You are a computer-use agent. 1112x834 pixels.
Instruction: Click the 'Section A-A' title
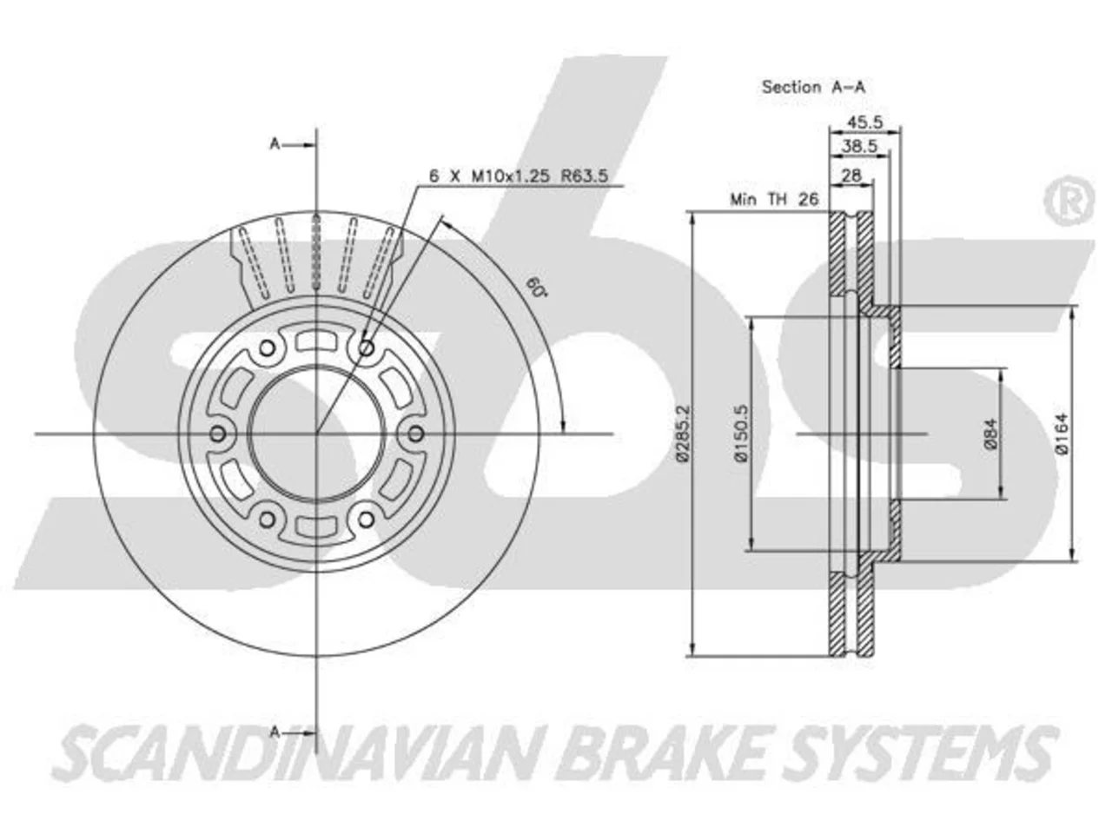[x=813, y=87]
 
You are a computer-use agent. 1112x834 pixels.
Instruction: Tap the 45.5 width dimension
[x=864, y=122]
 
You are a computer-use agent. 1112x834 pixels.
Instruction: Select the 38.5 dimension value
[x=859, y=146]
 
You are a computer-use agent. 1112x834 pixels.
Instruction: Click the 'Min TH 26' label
[x=773, y=200]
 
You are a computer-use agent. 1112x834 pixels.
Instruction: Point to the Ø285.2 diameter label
[x=684, y=434]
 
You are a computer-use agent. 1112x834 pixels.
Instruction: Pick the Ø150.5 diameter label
[x=742, y=434]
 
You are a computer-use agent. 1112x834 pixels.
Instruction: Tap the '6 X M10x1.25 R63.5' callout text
[x=519, y=176]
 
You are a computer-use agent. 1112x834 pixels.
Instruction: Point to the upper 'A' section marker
[x=275, y=144]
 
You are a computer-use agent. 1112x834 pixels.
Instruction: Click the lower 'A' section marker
[x=275, y=732]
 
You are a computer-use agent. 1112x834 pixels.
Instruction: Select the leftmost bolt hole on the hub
[x=218, y=434]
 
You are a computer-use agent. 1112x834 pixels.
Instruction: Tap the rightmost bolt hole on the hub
[x=415, y=434]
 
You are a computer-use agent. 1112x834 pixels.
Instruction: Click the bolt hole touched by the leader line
[x=367, y=348]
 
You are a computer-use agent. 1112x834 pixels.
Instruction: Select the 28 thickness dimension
[x=851, y=175]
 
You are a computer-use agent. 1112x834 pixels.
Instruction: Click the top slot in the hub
[x=316, y=341]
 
